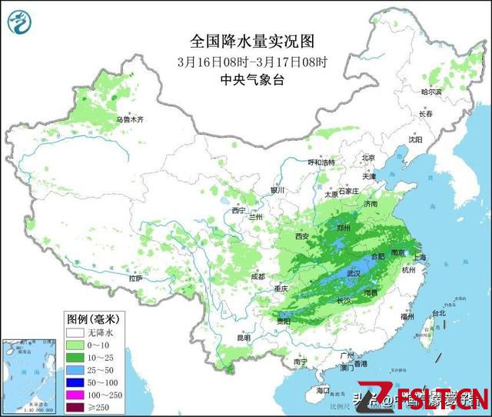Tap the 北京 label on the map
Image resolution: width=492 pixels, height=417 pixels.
pyautogui.click(x=367, y=158)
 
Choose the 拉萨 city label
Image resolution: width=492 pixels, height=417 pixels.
pyautogui.click(x=135, y=279)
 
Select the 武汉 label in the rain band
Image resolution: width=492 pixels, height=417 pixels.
pyautogui.click(x=354, y=274)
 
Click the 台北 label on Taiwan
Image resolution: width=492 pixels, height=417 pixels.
pyautogui.click(x=438, y=313)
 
